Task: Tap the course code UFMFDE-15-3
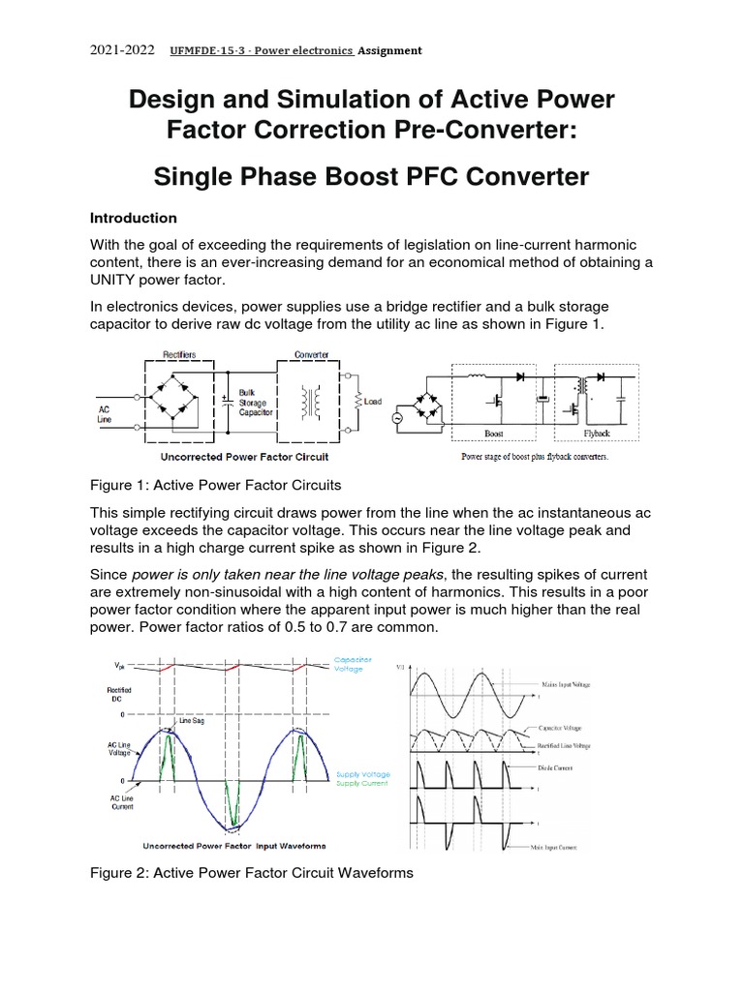[x=209, y=51]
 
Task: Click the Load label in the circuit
[x=373, y=402]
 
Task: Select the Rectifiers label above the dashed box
[x=180, y=355]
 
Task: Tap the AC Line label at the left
[x=105, y=414]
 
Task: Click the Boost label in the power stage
[x=493, y=435]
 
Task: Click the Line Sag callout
[x=191, y=721]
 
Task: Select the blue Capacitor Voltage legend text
[x=353, y=664]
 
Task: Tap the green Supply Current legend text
[x=361, y=783]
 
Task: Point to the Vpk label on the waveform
[x=119, y=665]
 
